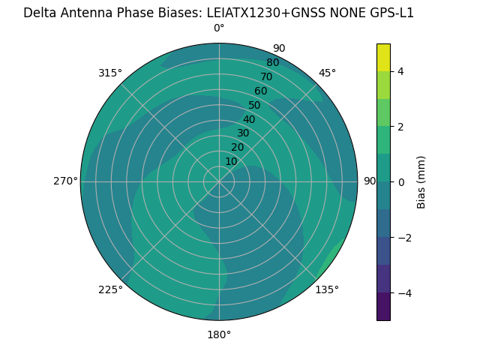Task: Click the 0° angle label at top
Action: click(x=219, y=28)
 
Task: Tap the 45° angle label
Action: click(x=327, y=73)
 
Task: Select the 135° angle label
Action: click(x=327, y=289)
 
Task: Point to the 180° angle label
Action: click(x=219, y=334)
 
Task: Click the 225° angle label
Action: click(x=110, y=289)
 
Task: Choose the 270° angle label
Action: click(x=65, y=181)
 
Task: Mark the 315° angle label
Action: click(x=110, y=73)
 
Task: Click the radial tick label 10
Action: click(x=231, y=161)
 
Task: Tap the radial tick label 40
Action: click(x=249, y=119)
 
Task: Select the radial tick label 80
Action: click(x=272, y=62)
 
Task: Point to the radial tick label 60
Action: click(x=260, y=91)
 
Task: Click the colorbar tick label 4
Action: click(x=400, y=71)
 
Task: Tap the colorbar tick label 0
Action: click(x=400, y=181)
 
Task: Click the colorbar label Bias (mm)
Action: click(x=421, y=181)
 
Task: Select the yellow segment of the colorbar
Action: click(x=383, y=58)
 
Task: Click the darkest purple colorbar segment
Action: click(x=383, y=306)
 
